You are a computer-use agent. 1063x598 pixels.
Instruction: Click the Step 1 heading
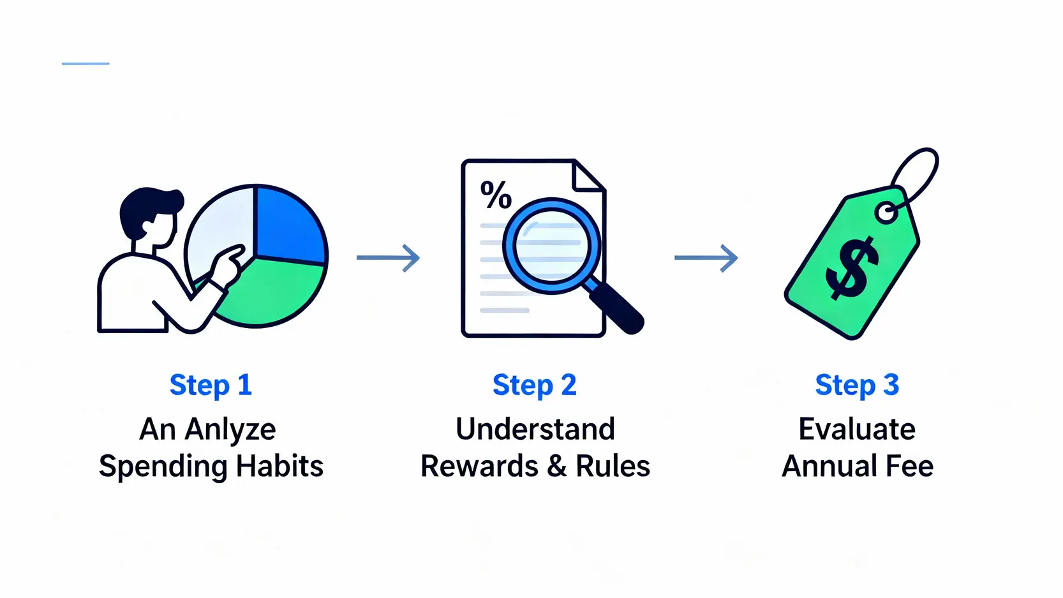pos(211,385)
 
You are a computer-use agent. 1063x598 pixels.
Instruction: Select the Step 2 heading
pos(534,385)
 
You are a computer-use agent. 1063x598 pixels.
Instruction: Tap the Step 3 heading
pos(857,385)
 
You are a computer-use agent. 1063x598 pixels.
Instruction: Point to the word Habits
pos(279,466)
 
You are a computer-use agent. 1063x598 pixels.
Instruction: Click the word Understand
pos(535,429)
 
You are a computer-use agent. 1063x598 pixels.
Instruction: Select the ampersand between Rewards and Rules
pos(556,466)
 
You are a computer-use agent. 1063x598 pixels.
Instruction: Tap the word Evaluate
pos(857,429)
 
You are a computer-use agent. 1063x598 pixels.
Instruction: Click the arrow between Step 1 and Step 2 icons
pos(388,258)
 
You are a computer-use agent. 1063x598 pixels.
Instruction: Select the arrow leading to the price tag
pos(706,258)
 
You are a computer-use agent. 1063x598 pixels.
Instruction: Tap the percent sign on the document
pos(496,195)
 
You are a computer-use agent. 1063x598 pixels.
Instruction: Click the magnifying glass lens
pos(551,246)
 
